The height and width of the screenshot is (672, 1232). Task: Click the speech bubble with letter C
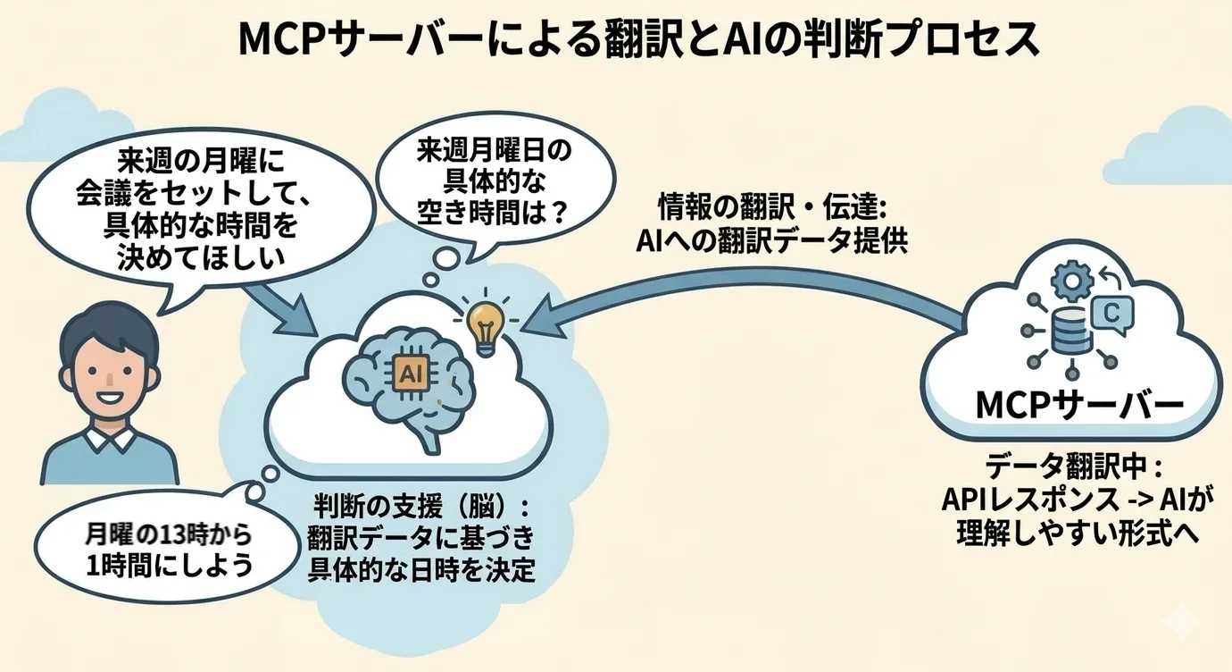1111,312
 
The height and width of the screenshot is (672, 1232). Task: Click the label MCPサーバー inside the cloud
1078,406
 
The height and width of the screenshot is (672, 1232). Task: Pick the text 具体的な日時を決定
421,570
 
